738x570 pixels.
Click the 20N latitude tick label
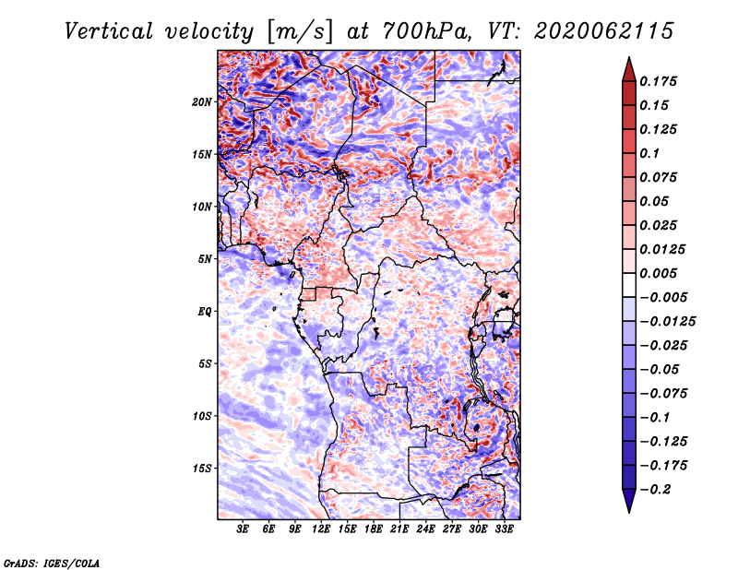201,102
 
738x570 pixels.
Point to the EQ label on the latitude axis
204,312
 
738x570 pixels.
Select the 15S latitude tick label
201,469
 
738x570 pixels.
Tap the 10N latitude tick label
201,207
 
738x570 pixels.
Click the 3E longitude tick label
243,528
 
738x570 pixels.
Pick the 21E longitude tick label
399,528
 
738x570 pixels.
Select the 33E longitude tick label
504,528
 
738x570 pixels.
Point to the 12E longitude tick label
321,528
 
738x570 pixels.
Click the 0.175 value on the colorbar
658,81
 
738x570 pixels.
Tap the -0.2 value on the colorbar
655,490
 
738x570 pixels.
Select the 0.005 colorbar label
658,273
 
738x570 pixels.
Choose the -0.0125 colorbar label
667,322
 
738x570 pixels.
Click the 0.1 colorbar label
649,153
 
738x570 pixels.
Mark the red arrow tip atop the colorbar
629,57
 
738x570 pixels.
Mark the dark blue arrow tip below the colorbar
629,512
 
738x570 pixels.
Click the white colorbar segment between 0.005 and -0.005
629,285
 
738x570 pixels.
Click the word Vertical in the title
109,31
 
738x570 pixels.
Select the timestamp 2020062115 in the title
604,31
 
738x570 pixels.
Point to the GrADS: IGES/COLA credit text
52,564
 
